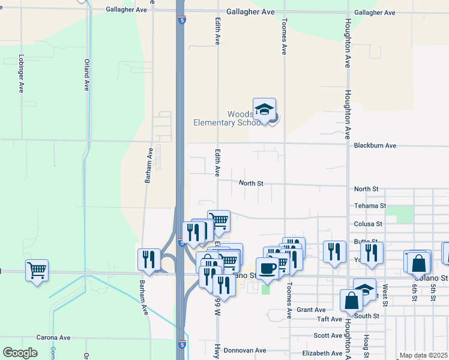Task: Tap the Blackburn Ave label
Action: pyautogui.click(x=375, y=145)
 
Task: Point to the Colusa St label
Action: pyautogui.click(x=368, y=224)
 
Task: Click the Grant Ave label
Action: pyautogui.click(x=311, y=310)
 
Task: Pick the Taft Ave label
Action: pyautogui.click(x=329, y=319)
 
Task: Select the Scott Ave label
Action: pyautogui.click(x=328, y=336)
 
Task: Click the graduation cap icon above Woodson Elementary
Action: pyautogui.click(x=264, y=110)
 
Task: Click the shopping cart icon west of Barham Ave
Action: pyautogui.click(x=37, y=270)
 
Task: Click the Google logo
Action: pyautogui.click(x=20, y=352)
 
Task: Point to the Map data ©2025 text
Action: pyautogui.click(x=423, y=355)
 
